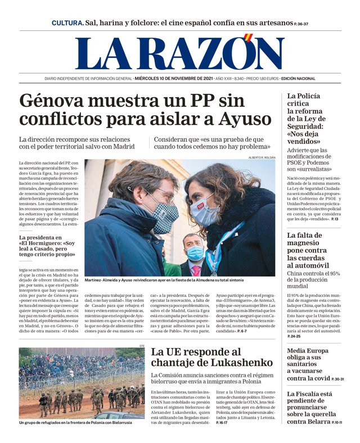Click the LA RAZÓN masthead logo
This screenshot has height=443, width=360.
(x=179, y=53)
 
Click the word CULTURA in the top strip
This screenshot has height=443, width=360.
(x=67, y=24)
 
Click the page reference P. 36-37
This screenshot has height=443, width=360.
(x=301, y=24)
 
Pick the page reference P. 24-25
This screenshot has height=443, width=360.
(x=294, y=336)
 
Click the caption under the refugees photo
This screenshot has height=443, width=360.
(x=75, y=422)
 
